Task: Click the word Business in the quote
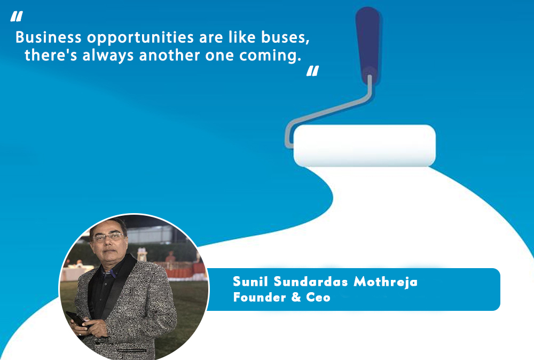coord(49,37)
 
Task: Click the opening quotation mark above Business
coord(17,16)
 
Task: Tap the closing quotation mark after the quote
coord(312,71)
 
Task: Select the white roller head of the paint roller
coord(364,146)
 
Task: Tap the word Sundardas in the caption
coord(311,281)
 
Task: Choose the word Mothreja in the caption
coord(386,282)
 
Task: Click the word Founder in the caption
coord(260,297)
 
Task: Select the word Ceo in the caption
coord(318,297)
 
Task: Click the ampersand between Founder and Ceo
coord(296,297)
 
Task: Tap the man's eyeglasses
coord(108,237)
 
